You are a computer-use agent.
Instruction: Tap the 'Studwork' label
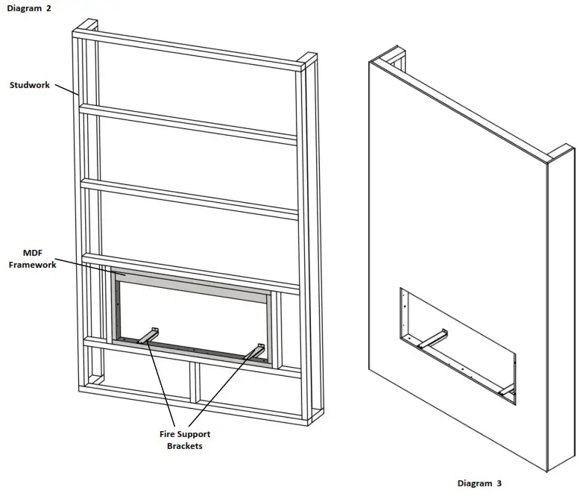[x=30, y=85]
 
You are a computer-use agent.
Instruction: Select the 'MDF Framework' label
[x=32, y=259]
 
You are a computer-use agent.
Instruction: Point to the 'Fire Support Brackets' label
[x=184, y=440]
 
